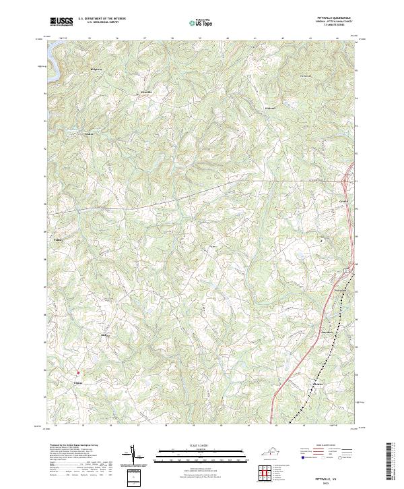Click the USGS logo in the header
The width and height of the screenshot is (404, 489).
(61, 22)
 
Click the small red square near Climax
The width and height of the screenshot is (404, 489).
(77, 372)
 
